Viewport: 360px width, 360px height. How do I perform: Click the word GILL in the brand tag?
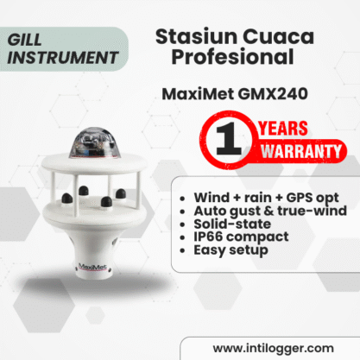point(25,40)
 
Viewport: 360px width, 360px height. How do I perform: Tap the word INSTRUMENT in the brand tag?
point(63,58)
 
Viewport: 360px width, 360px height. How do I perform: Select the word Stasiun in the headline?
point(196,36)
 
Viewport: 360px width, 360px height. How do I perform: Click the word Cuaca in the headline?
point(278,37)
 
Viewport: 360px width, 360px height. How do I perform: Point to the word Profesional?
point(232,56)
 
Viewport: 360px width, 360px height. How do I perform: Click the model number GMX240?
point(273,94)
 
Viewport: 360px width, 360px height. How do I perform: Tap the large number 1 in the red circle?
point(228,139)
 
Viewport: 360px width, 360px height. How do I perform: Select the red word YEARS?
point(283,129)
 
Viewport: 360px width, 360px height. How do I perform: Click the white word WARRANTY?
point(301,151)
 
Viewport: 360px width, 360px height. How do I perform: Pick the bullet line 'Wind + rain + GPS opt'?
point(266,198)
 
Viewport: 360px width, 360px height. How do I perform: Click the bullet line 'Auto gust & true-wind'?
point(270,211)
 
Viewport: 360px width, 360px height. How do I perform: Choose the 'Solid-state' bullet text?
point(232,224)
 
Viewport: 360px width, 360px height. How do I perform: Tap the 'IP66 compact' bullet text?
point(241,237)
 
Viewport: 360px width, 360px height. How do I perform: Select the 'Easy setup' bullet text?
point(231,250)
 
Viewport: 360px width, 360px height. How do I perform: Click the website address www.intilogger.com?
point(274,349)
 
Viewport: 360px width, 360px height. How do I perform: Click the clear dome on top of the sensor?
point(94,142)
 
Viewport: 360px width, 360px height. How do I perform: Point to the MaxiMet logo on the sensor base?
point(92,267)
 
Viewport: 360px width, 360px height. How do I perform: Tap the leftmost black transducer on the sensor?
point(67,198)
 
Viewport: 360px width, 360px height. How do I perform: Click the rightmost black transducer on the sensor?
point(120,193)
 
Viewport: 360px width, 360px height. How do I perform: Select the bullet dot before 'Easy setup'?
point(182,250)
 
